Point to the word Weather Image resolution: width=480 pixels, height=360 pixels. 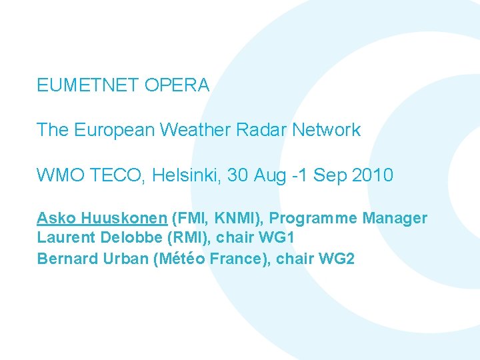tap(189, 130)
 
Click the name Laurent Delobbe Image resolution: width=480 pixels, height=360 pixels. tap(91, 238)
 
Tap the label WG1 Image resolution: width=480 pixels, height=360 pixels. tap(279, 238)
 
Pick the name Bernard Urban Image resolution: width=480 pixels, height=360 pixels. tap(93, 259)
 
